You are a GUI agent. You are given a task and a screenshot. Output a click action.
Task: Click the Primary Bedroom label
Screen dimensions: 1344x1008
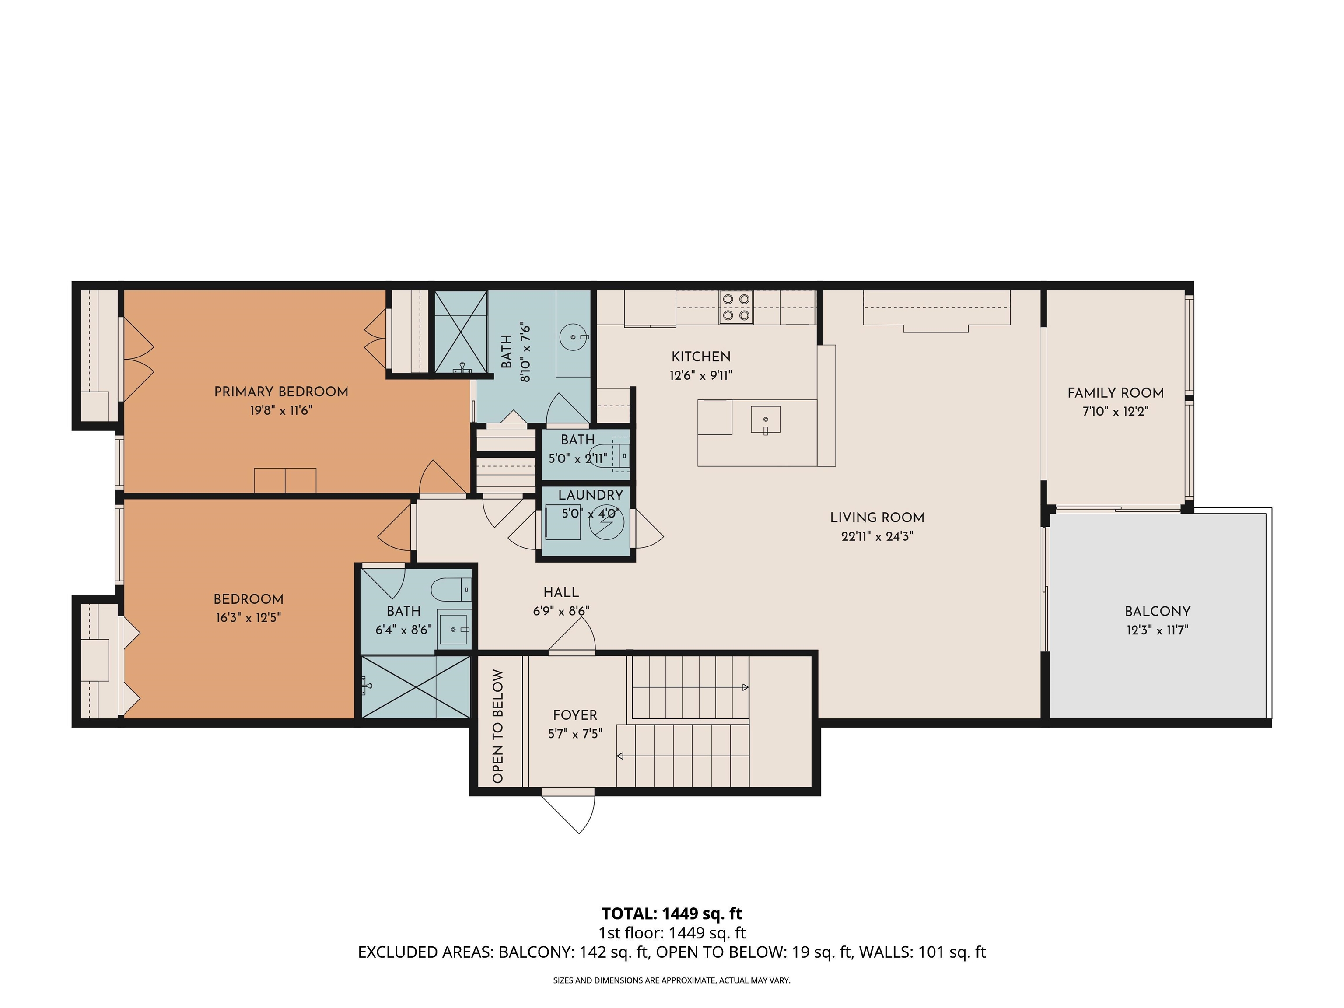281,392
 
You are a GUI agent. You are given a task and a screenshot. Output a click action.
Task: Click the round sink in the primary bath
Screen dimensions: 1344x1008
574,336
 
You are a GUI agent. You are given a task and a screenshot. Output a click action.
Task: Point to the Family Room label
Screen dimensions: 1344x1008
1116,393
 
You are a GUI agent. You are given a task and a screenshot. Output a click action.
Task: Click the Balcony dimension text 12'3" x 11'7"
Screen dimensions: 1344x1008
1158,630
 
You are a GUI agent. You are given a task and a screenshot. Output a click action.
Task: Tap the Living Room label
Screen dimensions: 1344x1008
877,518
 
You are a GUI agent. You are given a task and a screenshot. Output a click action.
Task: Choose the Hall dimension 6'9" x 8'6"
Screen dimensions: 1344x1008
561,611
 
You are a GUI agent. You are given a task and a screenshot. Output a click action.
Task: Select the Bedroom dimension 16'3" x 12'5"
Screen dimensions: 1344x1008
248,618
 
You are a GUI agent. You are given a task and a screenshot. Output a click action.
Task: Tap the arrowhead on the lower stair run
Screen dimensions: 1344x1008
620,756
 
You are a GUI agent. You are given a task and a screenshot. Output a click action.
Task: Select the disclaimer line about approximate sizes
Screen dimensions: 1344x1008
672,980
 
